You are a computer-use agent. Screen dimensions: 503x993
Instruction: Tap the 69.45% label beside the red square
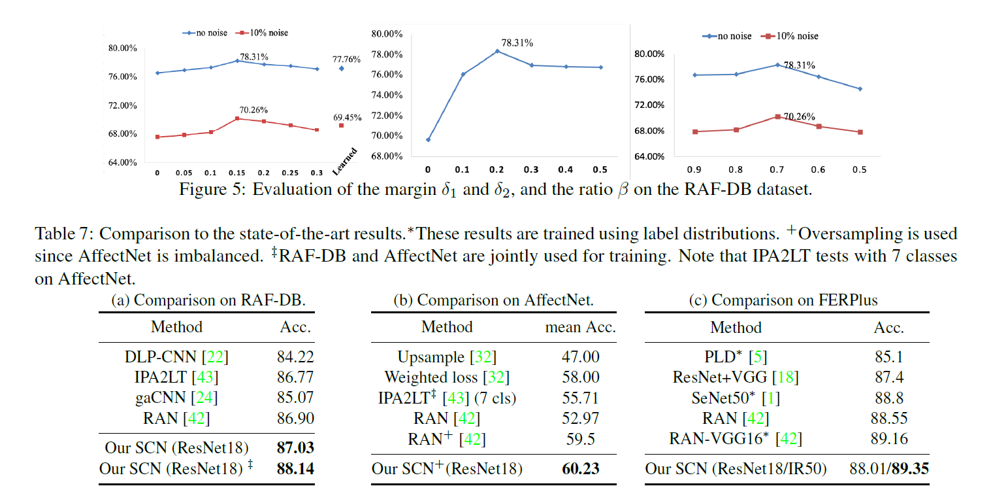coord(347,118)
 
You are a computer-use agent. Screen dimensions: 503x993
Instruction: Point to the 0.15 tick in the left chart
coord(236,173)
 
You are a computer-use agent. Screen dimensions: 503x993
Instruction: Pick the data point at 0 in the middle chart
coord(428,139)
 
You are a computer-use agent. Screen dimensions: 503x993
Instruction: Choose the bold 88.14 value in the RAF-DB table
coord(295,469)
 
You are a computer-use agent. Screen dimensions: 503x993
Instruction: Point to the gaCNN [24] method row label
coord(176,398)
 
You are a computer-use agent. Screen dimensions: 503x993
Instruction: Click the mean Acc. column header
coord(580,327)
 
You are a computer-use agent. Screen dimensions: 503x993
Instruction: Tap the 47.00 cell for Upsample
coord(580,357)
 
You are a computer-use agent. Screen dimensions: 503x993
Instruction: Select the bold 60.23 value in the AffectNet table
coord(580,469)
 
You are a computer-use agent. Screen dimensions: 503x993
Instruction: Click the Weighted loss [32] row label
coord(447,377)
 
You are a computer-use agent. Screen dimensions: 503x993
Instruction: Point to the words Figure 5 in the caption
coord(213,190)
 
